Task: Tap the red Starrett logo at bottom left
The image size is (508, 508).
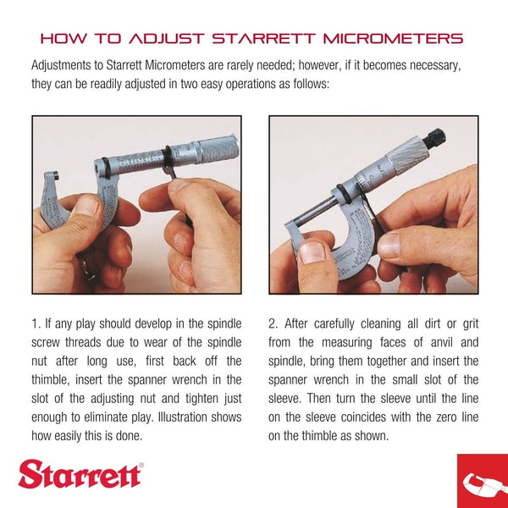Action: click(x=80, y=475)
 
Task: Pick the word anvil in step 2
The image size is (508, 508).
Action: click(x=435, y=342)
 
